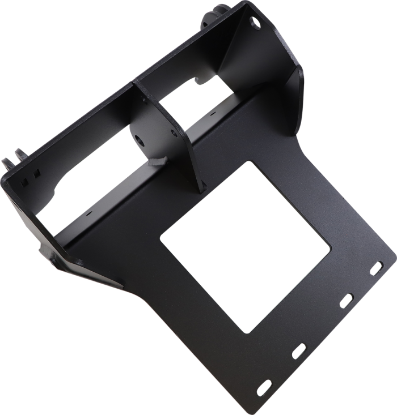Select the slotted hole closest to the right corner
(x=375, y=268)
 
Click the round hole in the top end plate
(x=252, y=22)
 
